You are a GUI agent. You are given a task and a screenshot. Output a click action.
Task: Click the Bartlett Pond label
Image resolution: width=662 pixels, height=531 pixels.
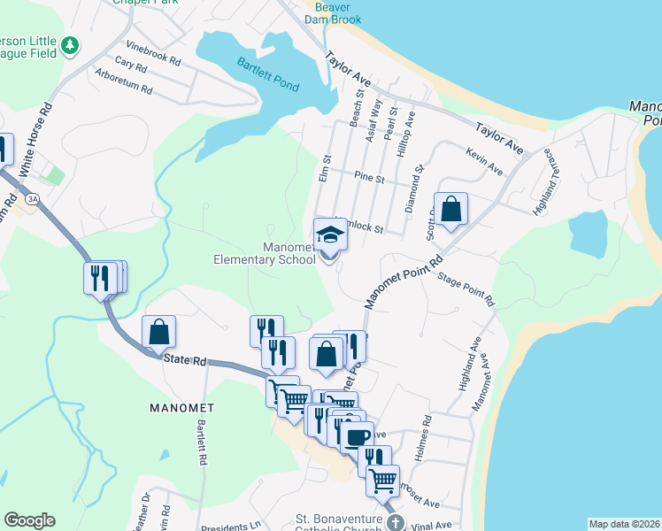click(x=267, y=75)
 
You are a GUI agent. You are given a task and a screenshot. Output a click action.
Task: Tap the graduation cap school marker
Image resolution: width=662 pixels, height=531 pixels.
click(x=330, y=235)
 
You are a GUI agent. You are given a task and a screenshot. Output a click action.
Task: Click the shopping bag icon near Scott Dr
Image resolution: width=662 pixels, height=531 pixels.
click(x=450, y=210)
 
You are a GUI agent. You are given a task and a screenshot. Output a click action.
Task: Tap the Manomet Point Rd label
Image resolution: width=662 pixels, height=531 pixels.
click(x=404, y=281)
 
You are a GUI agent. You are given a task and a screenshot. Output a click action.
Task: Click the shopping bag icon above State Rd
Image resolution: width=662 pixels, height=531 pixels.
click(x=158, y=333)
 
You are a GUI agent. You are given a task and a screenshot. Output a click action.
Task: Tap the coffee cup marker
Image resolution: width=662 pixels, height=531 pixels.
click(x=357, y=437)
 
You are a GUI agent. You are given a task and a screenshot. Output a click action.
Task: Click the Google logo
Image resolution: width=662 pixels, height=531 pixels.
click(x=29, y=520)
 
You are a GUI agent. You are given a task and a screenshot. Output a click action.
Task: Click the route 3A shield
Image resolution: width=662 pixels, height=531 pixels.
click(x=34, y=200)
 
